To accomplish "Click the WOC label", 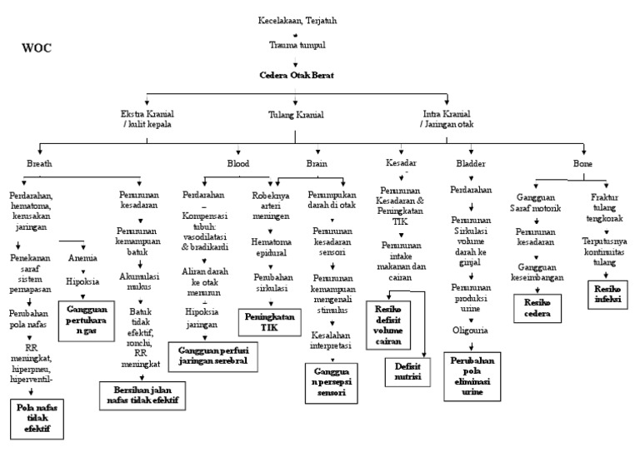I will [36, 48].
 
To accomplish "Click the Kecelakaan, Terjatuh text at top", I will [297, 19].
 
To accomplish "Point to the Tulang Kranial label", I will [296, 115].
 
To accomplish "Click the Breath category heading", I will [39, 164].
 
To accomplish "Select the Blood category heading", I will [238, 164].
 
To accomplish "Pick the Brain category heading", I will [316, 164].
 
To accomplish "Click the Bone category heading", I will [583, 164].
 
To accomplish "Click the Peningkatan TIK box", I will [271, 321].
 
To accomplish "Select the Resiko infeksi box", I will [606, 292].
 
